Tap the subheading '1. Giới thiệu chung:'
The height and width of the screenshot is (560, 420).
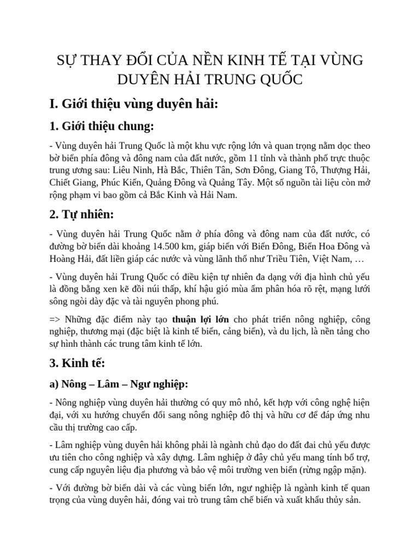pos(102,126)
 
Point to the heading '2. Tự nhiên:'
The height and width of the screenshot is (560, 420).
pos(81,214)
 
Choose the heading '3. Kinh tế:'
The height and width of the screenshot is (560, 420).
pos(78,363)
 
